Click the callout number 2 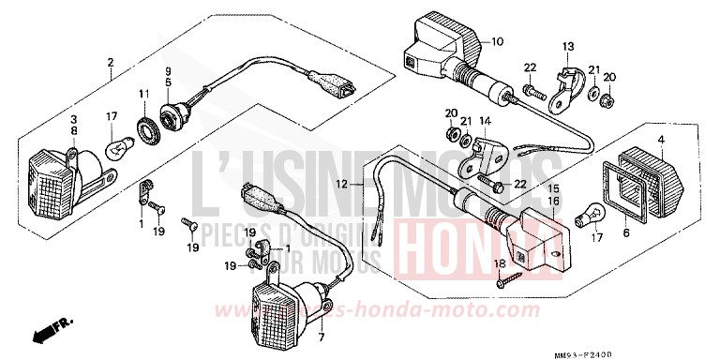[x=111, y=63]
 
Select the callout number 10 [x=497, y=42]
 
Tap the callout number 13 [x=567, y=47]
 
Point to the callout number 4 [x=661, y=141]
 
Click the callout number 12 [x=343, y=184]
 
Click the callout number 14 [x=485, y=122]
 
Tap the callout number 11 [x=145, y=94]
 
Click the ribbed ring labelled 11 [x=146, y=128]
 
